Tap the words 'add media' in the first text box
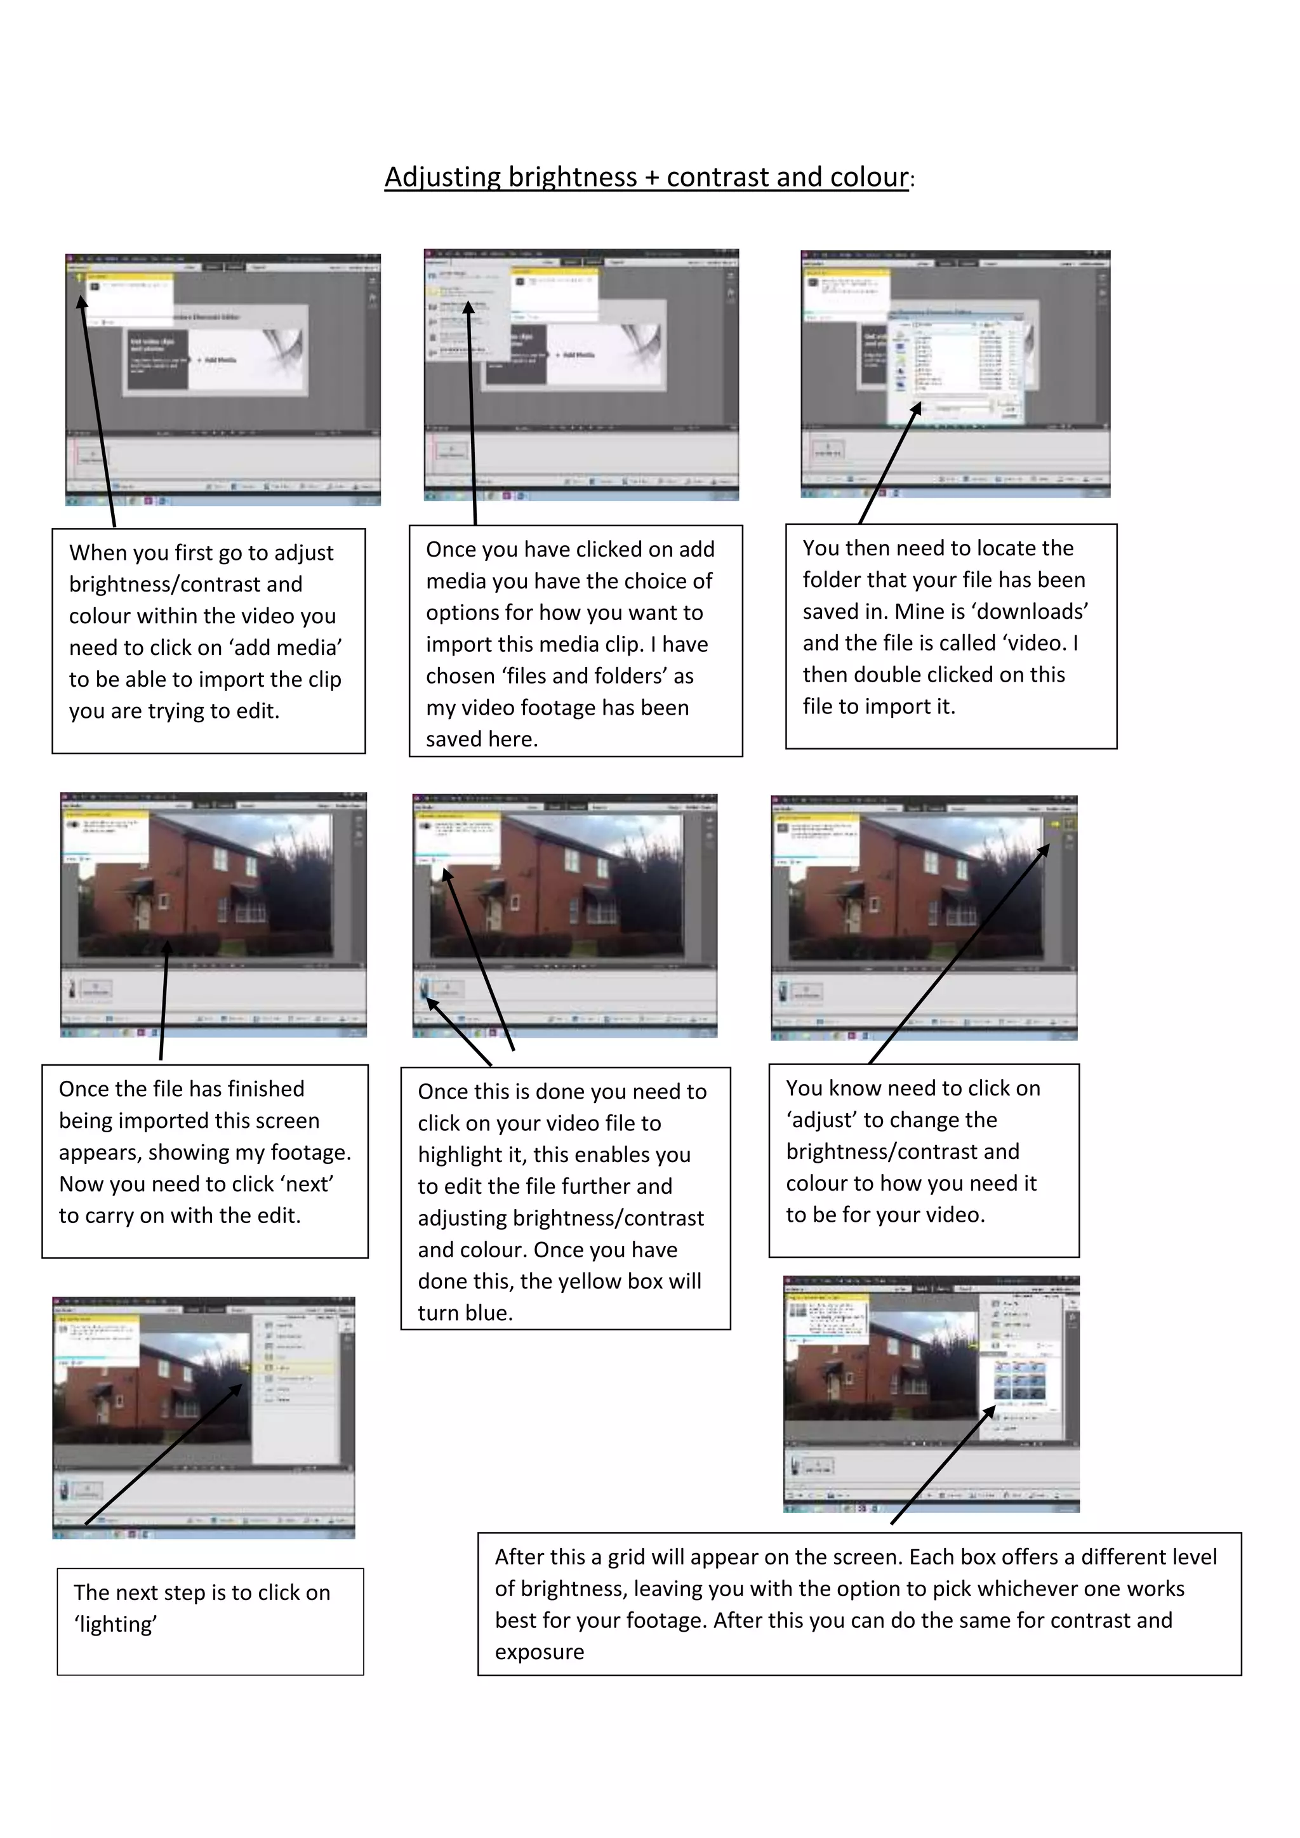click(295, 647)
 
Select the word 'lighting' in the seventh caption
click(116, 1624)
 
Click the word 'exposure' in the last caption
click(540, 1651)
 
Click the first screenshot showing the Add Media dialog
click(223, 379)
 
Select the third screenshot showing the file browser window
click(955, 373)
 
